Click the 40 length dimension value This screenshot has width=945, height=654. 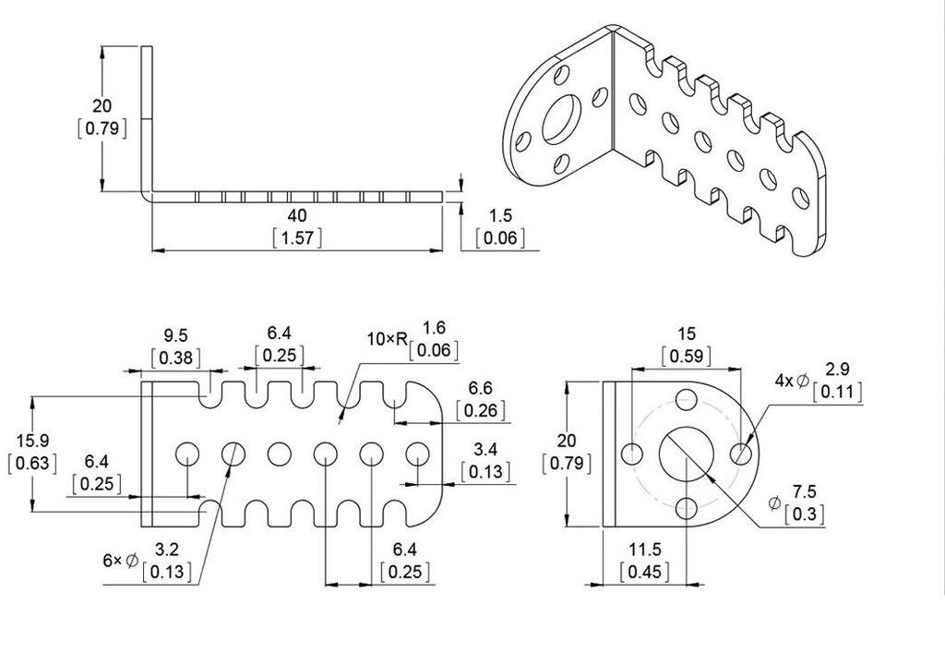(x=296, y=214)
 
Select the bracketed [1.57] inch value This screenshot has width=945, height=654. (x=296, y=237)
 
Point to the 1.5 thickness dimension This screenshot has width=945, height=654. (x=500, y=215)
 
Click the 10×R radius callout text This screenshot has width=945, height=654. (x=387, y=339)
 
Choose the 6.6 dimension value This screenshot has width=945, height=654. (x=480, y=388)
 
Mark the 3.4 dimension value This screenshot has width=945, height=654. (x=484, y=450)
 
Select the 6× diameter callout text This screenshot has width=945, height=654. (x=121, y=560)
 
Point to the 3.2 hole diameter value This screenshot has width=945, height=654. (x=167, y=550)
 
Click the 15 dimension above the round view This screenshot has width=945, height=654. (x=686, y=333)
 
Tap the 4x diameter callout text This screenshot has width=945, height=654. (x=791, y=380)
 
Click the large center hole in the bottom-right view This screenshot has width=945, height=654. (x=686, y=454)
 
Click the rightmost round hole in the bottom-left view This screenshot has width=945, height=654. (x=418, y=454)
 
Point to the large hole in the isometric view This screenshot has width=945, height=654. (x=562, y=118)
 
